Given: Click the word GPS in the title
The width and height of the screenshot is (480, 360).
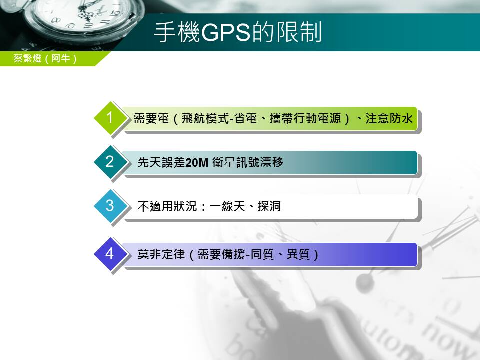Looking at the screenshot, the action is coord(226,32).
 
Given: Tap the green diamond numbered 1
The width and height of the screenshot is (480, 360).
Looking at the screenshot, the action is coord(110,118).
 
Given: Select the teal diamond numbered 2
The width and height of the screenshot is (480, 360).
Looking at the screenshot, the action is coord(110,162).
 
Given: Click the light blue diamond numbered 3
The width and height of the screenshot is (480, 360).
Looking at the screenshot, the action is coord(110,206).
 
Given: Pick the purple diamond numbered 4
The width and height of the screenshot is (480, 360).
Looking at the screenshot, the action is coord(110,254).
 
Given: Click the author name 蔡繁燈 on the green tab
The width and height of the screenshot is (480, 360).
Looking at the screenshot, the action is coord(27,58).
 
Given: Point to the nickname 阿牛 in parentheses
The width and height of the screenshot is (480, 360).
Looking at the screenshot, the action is coord(61,58).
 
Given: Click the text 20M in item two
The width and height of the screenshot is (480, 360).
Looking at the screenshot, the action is coord(197,162).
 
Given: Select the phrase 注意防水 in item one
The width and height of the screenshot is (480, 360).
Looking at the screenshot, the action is coord(389,118).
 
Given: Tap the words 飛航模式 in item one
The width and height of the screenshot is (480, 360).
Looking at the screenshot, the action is coord(205,118).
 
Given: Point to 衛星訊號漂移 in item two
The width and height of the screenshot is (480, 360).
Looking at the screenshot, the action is coord(248,162).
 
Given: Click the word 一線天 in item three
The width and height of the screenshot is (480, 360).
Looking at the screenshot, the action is coord(228,206).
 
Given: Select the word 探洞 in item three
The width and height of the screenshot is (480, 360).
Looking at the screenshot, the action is coord(269,206).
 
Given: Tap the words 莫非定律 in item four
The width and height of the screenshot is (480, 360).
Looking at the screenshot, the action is coord(161,254).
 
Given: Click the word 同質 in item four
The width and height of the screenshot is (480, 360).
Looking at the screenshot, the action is coord(262,254).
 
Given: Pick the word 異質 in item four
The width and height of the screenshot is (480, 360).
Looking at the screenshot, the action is coord(298,254).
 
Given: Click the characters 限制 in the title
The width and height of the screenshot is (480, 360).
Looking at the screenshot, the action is coord(299,32).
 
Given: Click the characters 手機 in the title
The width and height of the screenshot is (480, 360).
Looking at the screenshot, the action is coord(177,32).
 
